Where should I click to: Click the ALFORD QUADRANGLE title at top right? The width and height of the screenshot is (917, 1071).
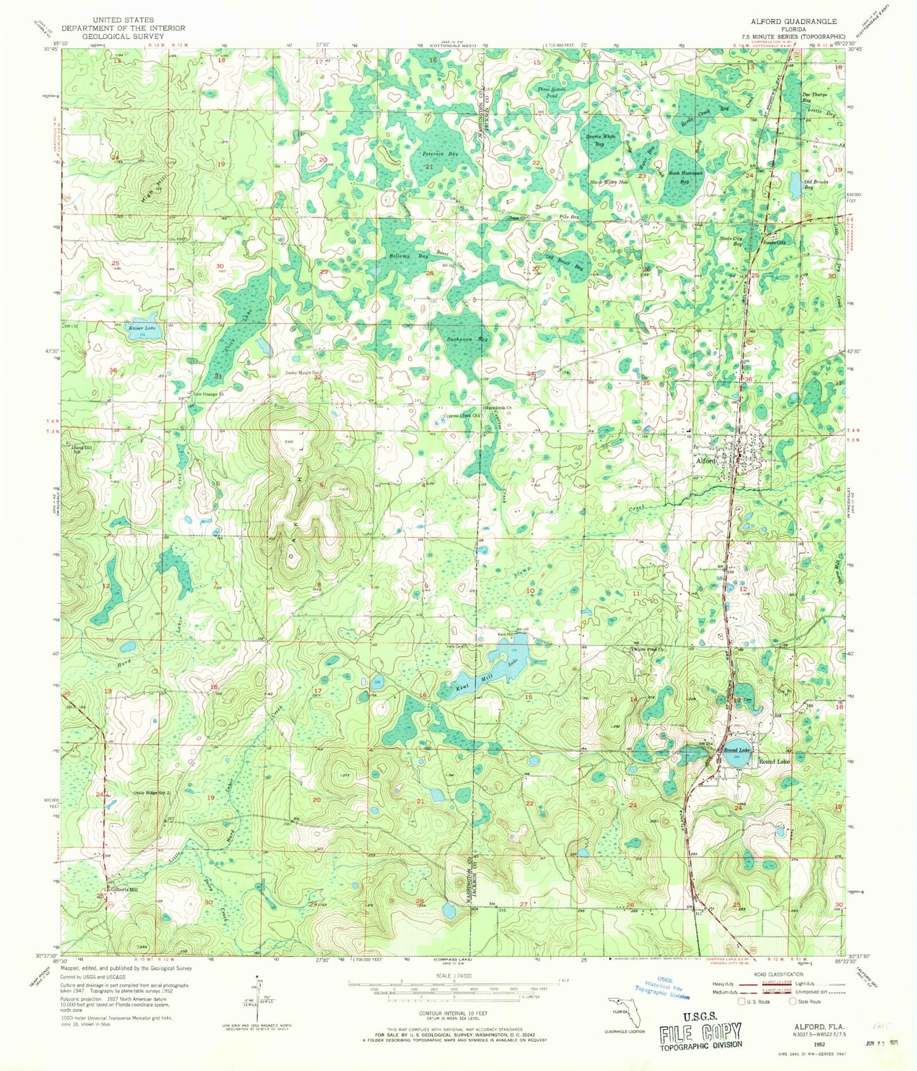pos(794,21)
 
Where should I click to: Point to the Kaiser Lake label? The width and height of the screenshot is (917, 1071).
pos(140,328)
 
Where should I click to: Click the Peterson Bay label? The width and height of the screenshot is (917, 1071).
pos(441,154)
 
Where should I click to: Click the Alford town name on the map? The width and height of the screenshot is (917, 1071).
pos(706,461)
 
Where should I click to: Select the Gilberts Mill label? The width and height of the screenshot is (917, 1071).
pos(124,890)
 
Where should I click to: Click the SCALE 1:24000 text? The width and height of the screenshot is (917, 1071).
pos(453,975)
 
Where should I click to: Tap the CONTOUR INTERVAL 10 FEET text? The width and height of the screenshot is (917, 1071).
pos(453,1014)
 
